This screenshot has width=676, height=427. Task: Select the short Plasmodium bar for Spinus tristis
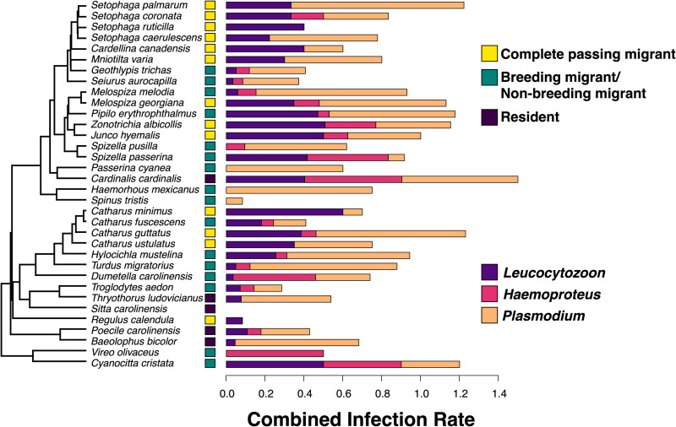tap(234, 201)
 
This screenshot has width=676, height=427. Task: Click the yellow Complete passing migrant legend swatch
tap(488, 54)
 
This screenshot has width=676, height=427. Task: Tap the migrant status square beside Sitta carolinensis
tap(210, 309)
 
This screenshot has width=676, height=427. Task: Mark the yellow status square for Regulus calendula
tap(210, 320)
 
